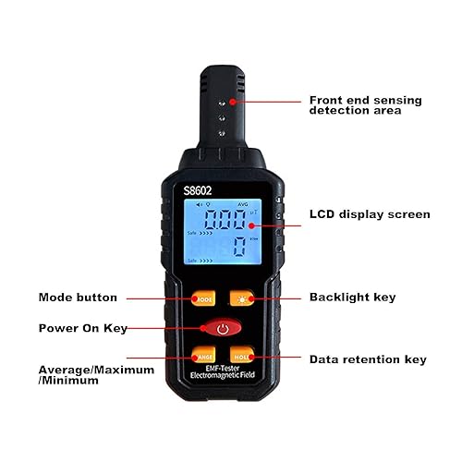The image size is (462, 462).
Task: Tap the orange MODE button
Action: [203, 298]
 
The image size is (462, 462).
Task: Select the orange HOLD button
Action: [242, 357]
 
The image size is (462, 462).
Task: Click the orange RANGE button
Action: [203, 357]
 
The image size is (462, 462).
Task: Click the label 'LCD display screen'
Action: [369, 214]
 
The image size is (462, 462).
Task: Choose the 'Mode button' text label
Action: [78, 298]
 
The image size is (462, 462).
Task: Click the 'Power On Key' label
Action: [81, 328]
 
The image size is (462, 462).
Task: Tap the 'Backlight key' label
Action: [351, 298]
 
